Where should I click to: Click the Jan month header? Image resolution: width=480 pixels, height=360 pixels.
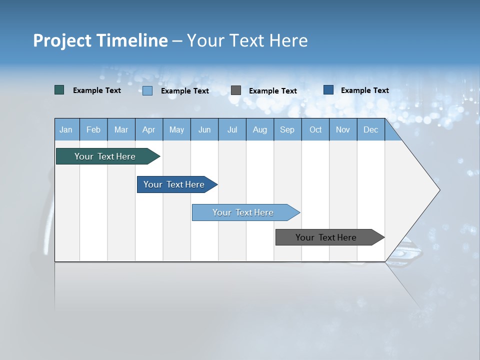click(66, 129)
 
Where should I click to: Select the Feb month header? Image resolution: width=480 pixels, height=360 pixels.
click(93, 129)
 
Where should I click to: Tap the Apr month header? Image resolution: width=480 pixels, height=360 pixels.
click(149, 129)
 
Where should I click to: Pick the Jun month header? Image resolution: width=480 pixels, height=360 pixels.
click(204, 129)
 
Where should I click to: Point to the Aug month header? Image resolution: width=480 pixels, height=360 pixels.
click(260, 129)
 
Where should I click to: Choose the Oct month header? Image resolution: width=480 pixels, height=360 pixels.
click(315, 129)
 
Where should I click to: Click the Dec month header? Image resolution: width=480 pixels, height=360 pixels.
click(370, 129)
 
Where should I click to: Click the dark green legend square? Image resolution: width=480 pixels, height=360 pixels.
click(59, 90)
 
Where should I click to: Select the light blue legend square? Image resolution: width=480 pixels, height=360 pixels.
click(147, 90)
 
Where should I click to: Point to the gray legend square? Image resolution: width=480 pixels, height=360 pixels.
click(236, 90)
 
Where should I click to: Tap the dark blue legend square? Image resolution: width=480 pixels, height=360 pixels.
click(328, 90)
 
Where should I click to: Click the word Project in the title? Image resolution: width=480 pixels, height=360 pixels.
click(62, 40)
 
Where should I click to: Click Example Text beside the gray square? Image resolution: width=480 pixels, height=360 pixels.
click(272, 91)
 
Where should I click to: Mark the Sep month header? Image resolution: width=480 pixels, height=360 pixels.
click(287, 129)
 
